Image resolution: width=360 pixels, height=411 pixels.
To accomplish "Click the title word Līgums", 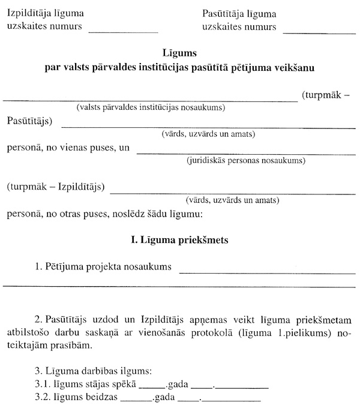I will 179,53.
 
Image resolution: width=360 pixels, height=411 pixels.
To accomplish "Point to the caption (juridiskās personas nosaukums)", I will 246,161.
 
